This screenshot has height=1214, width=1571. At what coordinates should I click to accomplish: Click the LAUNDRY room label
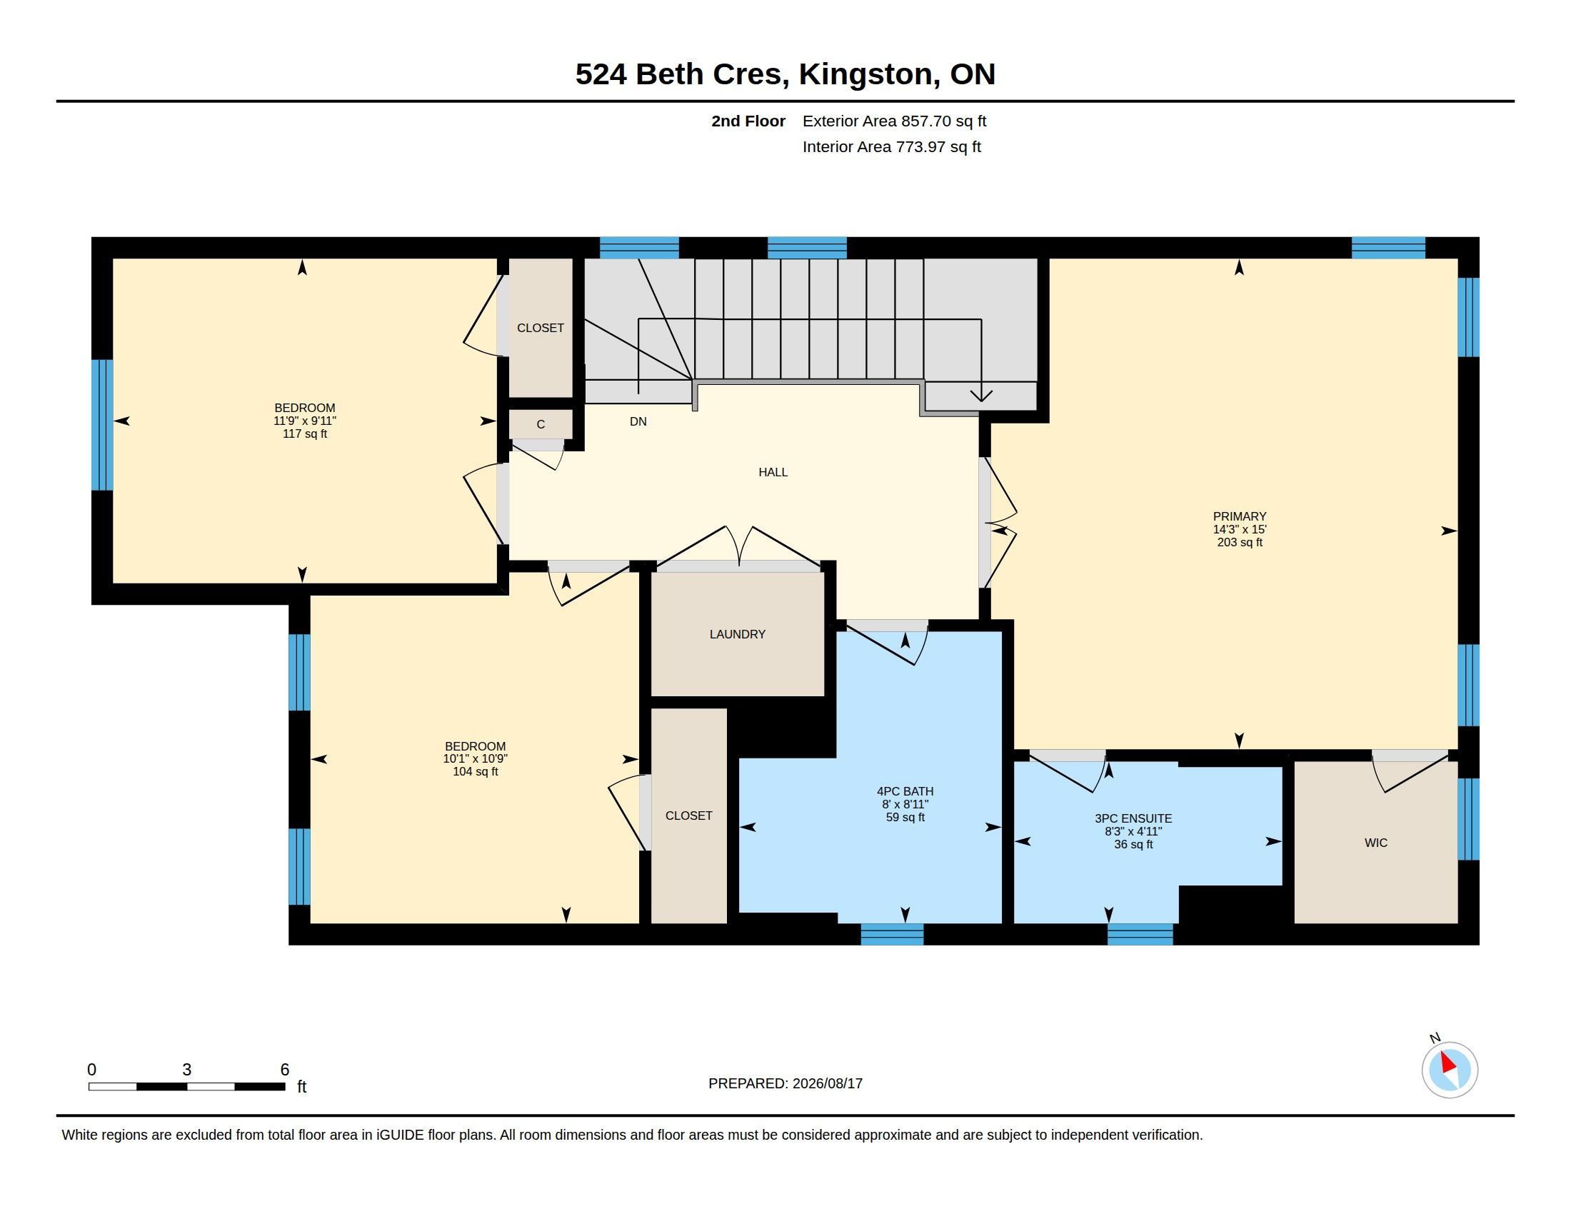click(x=738, y=634)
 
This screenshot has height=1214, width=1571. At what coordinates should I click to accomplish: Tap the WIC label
click(x=1375, y=843)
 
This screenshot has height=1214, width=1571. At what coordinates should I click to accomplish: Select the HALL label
click(x=773, y=473)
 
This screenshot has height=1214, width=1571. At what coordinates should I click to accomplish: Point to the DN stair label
click(x=638, y=421)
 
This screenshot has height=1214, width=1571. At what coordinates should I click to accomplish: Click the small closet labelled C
click(x=541, y=424)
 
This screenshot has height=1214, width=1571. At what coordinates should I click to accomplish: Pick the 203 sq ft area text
click(x=1240, y=542)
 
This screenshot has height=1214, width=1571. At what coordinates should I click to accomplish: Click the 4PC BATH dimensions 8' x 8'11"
click(x=905, y=804)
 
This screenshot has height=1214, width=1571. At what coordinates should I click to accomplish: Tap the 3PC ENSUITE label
click(x=1133, y=818)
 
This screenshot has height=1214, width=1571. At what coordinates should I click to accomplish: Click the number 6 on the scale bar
click(x=285, y=1070)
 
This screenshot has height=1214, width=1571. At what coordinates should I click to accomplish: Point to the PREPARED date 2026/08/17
click(x=827, y=1083)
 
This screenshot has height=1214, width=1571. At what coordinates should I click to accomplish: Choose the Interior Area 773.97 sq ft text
click(x=891, y=146)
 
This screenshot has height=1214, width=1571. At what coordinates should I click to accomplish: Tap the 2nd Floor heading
click(x=748, y=121)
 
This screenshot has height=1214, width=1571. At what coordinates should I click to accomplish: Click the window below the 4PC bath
click(x=892, y=934)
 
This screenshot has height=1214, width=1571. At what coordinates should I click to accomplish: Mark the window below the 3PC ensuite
click(x=1140, y=934)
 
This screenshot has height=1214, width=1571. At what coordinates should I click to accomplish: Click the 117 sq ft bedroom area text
click(x=305, y=433)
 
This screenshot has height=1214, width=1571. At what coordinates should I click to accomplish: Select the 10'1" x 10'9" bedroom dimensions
click(x=476, y=758)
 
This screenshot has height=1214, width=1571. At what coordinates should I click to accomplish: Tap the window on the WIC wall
click(x=1468, y=819)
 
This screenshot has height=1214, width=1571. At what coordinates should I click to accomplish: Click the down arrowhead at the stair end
click(x=982, y=396)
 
